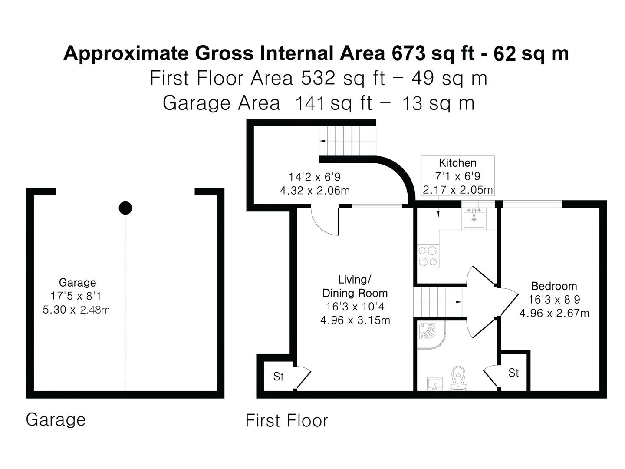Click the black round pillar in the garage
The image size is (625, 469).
pos(125,208)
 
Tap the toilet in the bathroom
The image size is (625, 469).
pos(458,378)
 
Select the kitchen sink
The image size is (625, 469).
pos(474,218)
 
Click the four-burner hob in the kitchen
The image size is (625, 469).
pos(428,256)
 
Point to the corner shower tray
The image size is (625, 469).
pos(430,334)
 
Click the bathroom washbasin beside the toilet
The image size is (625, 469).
pos(435,384)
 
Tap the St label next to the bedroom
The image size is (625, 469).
pos(513,373)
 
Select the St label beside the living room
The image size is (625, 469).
pos(278,377)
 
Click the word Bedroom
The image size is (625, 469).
pos(554,286)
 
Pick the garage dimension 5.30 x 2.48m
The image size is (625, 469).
pos(76,310)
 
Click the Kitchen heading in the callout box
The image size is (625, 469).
pos(457,163)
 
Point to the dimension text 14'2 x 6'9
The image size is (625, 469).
pos(315,177)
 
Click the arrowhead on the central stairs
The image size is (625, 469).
pos(459,302)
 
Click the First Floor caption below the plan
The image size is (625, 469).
pos(286,421)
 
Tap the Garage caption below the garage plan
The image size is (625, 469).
pos(56,420)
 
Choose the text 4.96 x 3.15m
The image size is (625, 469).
pos(355,320)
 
